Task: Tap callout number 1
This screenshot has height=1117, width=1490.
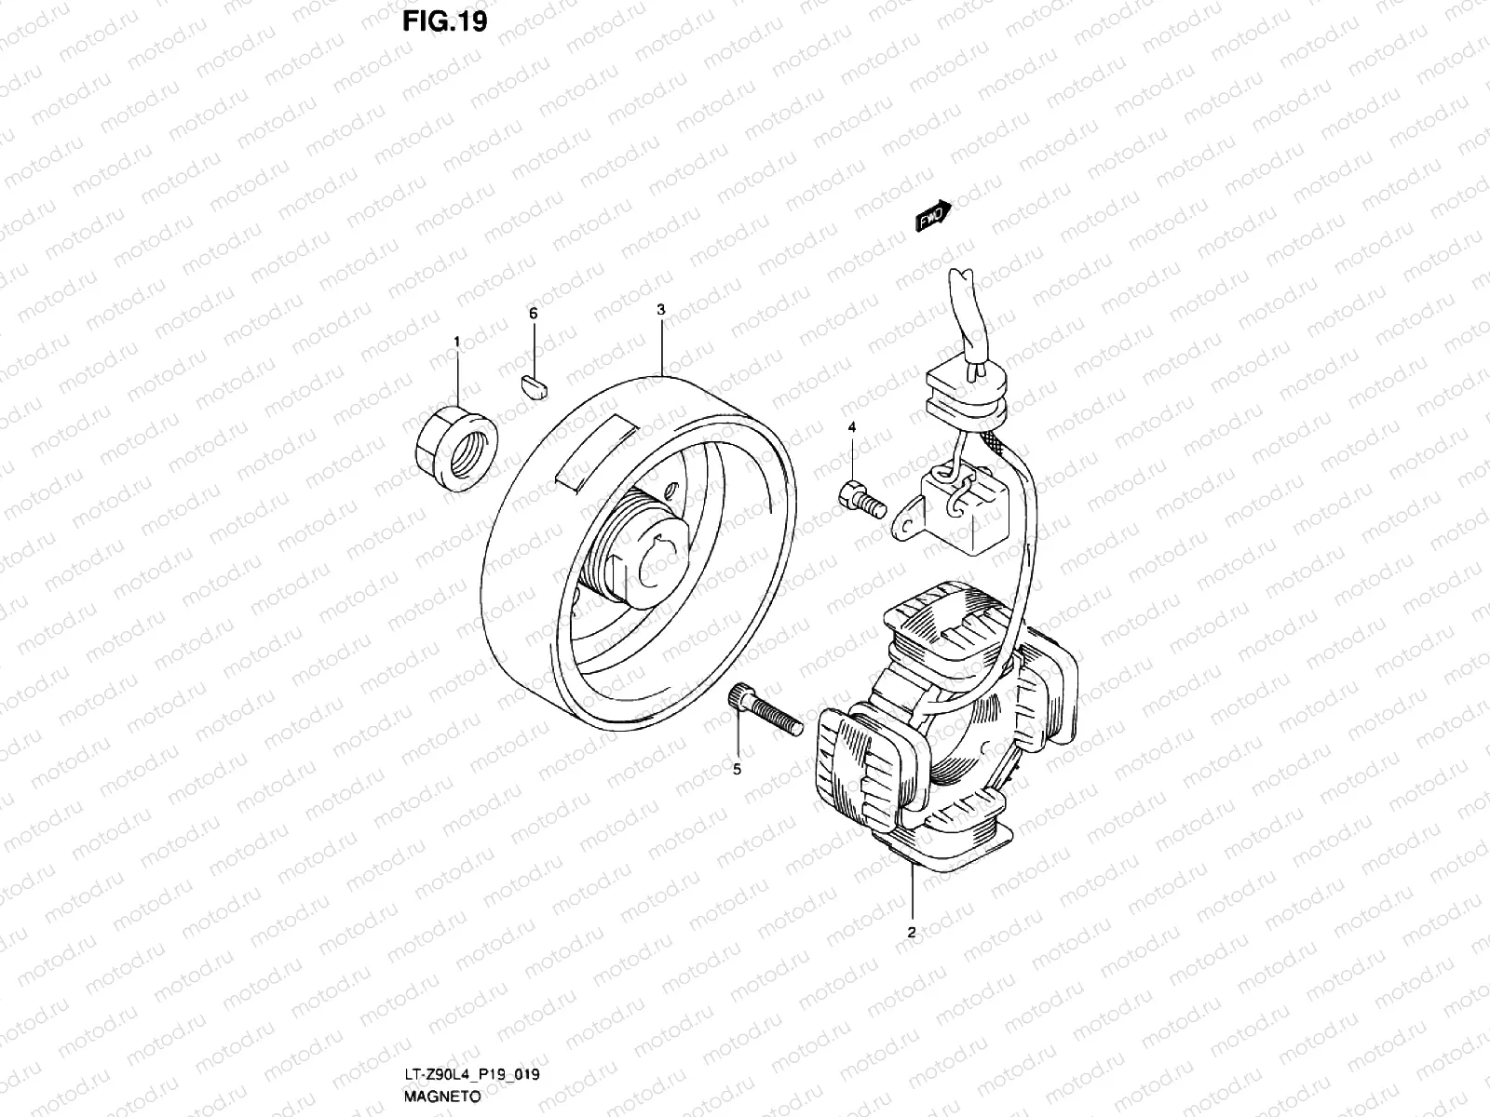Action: coord(456,343)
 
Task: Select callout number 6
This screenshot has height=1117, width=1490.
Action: coord(534,315)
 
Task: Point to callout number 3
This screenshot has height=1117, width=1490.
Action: coord(660,309)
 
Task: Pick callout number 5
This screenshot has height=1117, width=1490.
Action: coord(737,769)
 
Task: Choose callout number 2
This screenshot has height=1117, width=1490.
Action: coord(912,932)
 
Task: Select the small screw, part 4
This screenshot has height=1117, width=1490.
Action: coord(860,497)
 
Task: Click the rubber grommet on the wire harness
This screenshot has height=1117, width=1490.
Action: coord(968,395)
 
